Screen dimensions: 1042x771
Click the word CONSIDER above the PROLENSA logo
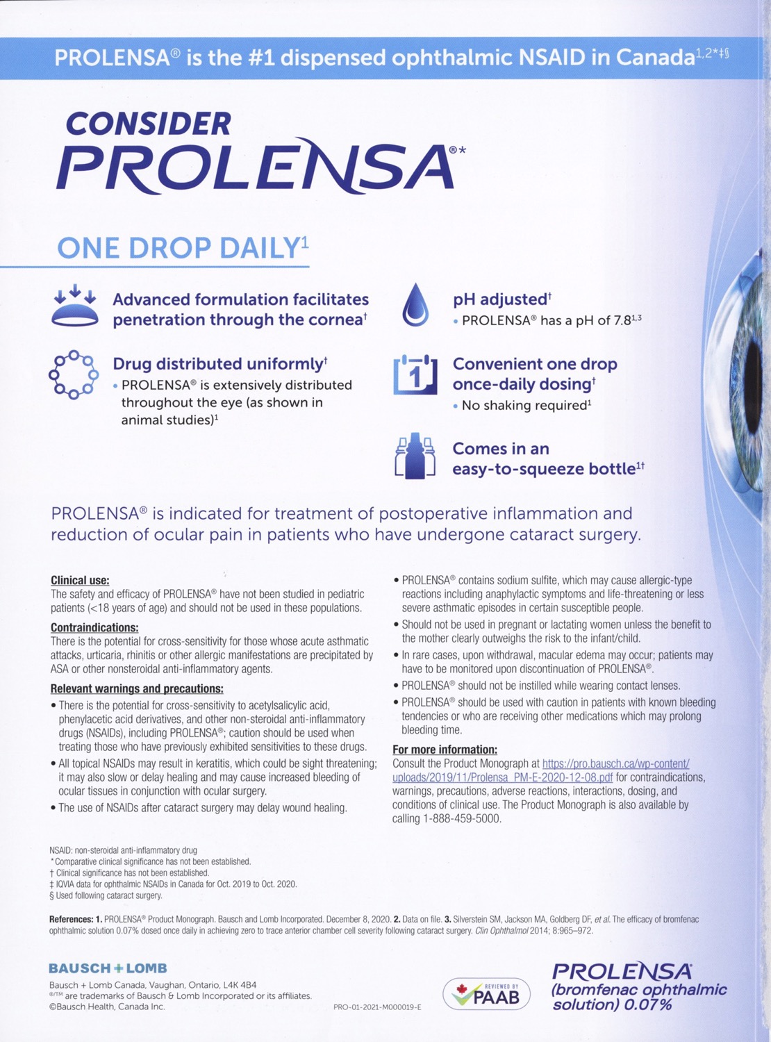pos(148,124)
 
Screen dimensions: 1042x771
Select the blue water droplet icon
pos(415,305)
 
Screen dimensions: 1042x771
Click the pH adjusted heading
pos(501,299)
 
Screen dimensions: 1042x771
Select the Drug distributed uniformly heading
pos(219,364)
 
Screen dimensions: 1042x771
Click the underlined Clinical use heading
pos(80,580)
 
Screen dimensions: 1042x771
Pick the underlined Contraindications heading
pos(94,627)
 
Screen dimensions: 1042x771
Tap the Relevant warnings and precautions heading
pos(137,688)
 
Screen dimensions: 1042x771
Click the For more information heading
pos(445,750)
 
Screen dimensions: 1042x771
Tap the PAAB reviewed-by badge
pos(486,994)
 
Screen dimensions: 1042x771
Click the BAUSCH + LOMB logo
pos(108,968)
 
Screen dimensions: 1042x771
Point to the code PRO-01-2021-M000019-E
pos(377,1007)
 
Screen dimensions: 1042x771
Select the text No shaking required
pos(525,405)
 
